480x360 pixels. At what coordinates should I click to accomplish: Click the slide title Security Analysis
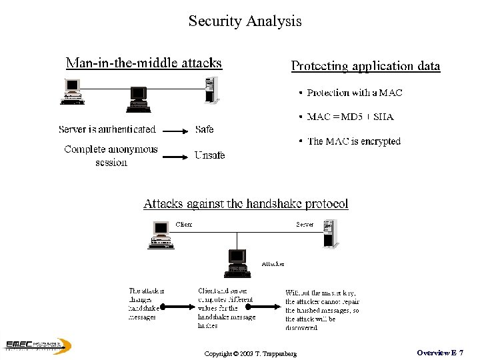pyautogui.click(x=245, y=21)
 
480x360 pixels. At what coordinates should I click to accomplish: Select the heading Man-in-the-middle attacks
pyautogui.click(x=143, y=63)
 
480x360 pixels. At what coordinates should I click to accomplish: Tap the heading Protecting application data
pyautogui.click(x=365, y=66)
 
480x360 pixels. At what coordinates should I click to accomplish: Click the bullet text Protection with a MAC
pyautogui.click(x=354, y=93)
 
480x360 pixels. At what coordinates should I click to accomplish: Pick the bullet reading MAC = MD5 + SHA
pyautogui.click(x=350, y=117)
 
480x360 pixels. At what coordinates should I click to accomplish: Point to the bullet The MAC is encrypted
pyautogui.click(x=353, y=141)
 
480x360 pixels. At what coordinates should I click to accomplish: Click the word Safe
pyautogui.click(x=205, y=129)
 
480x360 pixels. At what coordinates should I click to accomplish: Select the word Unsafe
pyautogui.click(x=209, y=155)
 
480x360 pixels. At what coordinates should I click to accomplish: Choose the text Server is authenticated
pyautogui.click(x=107, y=129)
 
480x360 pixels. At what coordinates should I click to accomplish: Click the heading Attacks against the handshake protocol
pyautogui.click(x=245, y=204)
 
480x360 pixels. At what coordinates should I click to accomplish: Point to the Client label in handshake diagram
pyautogui.click(x=183, y=225)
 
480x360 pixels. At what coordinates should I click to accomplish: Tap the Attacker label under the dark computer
pyautogui.click(x=273, y=264)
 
